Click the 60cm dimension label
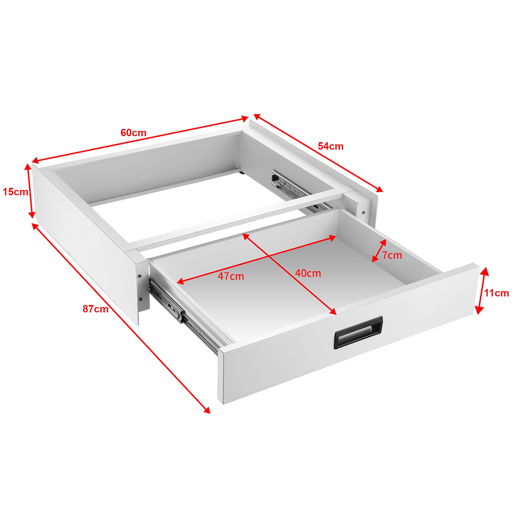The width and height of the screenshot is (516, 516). (133, 133)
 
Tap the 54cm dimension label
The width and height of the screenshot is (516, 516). (330, 146)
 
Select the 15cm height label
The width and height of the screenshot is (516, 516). (15, 192)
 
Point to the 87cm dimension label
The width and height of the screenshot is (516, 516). (95, 309)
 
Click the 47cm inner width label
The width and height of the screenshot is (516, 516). (231, 276)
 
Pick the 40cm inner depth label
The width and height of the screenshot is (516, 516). (308, 273)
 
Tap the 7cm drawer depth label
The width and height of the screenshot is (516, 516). (392, 255)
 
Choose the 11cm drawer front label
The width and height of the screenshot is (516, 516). (497, 293)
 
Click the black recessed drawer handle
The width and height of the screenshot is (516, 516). (359, 333)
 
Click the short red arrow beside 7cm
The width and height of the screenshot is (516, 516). (379, 251)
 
